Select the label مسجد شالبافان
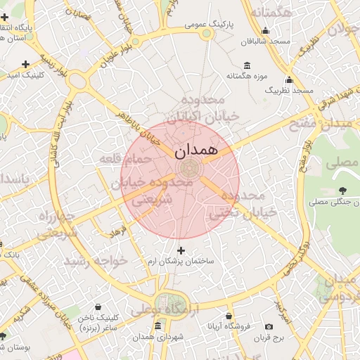264,41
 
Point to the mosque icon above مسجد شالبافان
265,30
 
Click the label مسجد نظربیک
288,91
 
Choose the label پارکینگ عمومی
208,23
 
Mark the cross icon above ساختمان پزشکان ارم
181,250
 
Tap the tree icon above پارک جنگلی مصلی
342,191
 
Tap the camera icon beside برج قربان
269,326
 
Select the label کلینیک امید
25,75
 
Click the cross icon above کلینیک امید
26,63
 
